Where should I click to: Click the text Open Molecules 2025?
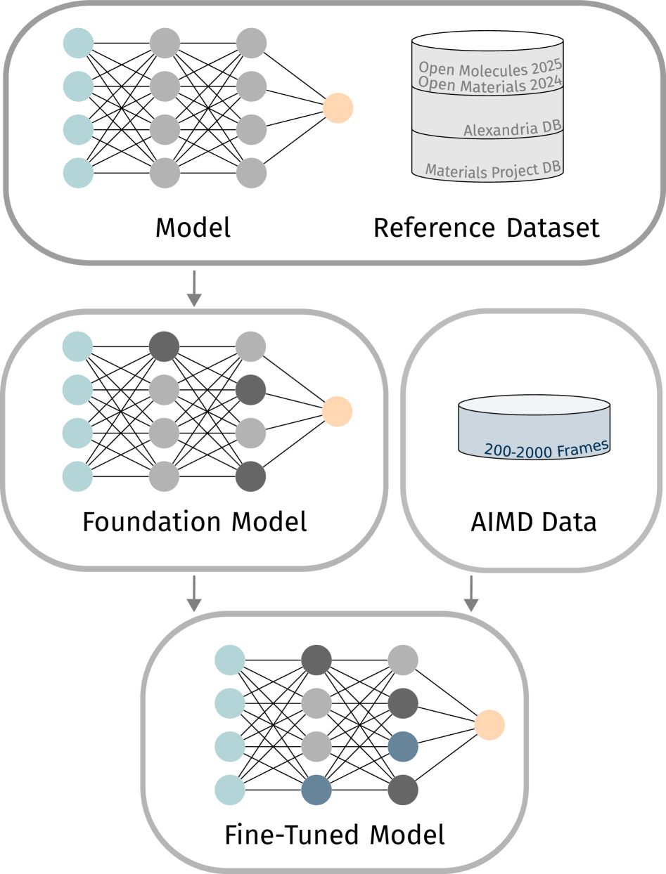pyautogui.click(x=489, y=67)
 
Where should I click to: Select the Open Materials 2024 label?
pyautogui.click(x=489, y=84)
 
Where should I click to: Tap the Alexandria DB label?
pyautogui.click(x=512, y=129)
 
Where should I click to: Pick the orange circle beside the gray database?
pyautogui.click(x=338, y=108)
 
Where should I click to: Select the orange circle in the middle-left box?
pyautogui.click(x=337, y=411)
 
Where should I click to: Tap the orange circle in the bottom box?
pyautogui.click(x=489, y=725)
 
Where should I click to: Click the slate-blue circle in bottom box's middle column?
pyautogui.click(x=316, y=790)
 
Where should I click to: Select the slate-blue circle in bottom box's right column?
pyautogui.click(x=403, y=747)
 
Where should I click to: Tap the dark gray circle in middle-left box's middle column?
pyautogui.click(x=165, y=346)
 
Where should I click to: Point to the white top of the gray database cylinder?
pyautogui.click(x=487, y=41)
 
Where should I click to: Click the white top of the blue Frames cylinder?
pyautogui.click(x=534, y=405)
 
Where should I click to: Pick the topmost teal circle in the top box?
pyautogui.click(x=78, y=43)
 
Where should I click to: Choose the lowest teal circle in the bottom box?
pyautogui.click(x=230, y=790)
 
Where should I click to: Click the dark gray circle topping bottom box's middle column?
pyautogui.click(x=316, y=660)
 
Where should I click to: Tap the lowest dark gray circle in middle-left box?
pyautogui.click(x=251, y=477)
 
